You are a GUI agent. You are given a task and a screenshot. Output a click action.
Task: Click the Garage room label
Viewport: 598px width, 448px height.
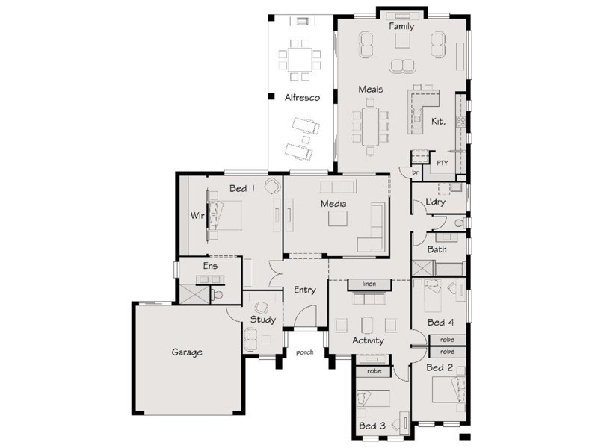coord(186,352)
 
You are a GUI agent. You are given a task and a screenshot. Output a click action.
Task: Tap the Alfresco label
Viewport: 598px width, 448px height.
coord(302,98)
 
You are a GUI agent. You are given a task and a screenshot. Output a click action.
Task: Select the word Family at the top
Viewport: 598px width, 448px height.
coord(401,26)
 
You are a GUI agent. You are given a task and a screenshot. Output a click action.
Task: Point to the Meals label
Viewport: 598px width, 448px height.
coord(370,89)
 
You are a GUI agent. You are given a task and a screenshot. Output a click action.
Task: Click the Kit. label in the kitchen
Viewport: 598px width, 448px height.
coord(438,122)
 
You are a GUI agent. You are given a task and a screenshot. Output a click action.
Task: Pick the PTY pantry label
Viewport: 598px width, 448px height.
coord(442,163)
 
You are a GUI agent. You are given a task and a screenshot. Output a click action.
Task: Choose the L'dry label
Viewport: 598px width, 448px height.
coord(435,201)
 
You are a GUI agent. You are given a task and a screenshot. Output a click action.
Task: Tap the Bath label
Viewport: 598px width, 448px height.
coord(437,249)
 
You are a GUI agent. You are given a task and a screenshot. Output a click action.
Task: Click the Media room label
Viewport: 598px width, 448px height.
coord(333,204)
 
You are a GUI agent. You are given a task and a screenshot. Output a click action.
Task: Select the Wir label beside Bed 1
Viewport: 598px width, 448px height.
coord(197,216)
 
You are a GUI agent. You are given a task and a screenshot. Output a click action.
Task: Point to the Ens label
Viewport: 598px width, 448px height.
coord(210,266)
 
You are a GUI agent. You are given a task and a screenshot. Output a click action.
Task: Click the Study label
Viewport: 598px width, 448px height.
coord(263,320)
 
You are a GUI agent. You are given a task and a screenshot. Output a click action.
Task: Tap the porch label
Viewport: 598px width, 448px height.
coord(305,352)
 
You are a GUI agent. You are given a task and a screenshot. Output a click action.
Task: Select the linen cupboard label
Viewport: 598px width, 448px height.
coord(369,284)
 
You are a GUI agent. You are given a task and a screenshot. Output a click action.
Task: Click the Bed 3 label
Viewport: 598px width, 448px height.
coord(372,426)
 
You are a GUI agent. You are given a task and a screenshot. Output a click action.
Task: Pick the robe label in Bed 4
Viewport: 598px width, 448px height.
coord(447,340)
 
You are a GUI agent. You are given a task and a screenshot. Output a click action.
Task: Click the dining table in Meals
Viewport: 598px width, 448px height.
coord(370,126)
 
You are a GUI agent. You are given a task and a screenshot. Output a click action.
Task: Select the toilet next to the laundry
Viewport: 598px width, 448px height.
coord(460,223)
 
